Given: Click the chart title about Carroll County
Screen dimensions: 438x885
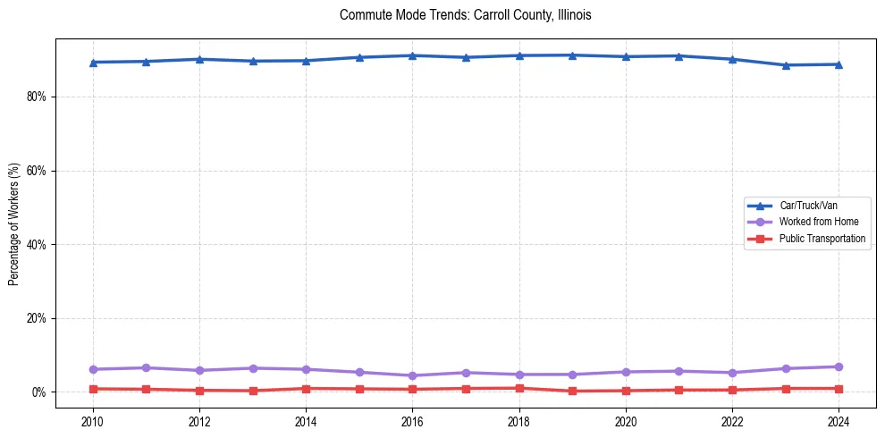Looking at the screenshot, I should pyautogui.click(x=466, y=15).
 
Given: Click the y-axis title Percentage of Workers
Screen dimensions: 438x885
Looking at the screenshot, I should pyautogui.click(x=13, y=224).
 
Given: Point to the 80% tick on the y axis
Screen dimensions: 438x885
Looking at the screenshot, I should pyautogui.click(x=37, y=97).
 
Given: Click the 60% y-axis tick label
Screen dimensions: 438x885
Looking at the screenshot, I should pyautogui.click(x=37, y=171).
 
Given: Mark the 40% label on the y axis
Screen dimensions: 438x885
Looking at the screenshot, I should pyautogui.click(x=37, y=244).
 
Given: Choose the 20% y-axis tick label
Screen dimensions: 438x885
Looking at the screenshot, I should pyautogui.click(x=37, y=318).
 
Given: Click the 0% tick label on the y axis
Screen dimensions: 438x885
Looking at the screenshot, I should pyautogui.click(x=39, y=392).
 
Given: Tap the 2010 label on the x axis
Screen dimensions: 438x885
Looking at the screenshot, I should pyautogui.click(x=93, y=419).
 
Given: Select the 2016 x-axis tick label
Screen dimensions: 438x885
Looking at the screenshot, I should pyautogui.click(x=412, y=419).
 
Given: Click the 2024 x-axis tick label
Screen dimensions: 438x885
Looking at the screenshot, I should pyautogui.click(x=838, y=419).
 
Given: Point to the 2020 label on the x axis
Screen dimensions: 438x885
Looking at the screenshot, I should pyautogui.click(x=625, y=419).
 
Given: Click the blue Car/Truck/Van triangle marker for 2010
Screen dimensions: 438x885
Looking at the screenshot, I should pyautogui.click(x=93, y=63).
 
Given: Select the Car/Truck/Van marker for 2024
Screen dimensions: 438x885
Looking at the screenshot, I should pyautogui.click(x=838, y=64).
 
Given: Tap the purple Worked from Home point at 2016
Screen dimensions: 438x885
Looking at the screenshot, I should pyautogui.click(x=412, y=375).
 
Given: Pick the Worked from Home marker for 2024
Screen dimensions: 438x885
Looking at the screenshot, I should pyautogui.click(x=838, y=366).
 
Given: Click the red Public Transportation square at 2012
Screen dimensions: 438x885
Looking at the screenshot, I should pyautogui.click(x=199, y=391).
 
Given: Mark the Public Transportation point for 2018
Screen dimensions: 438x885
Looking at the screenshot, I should pyautogui.click(x=518, y=388).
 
